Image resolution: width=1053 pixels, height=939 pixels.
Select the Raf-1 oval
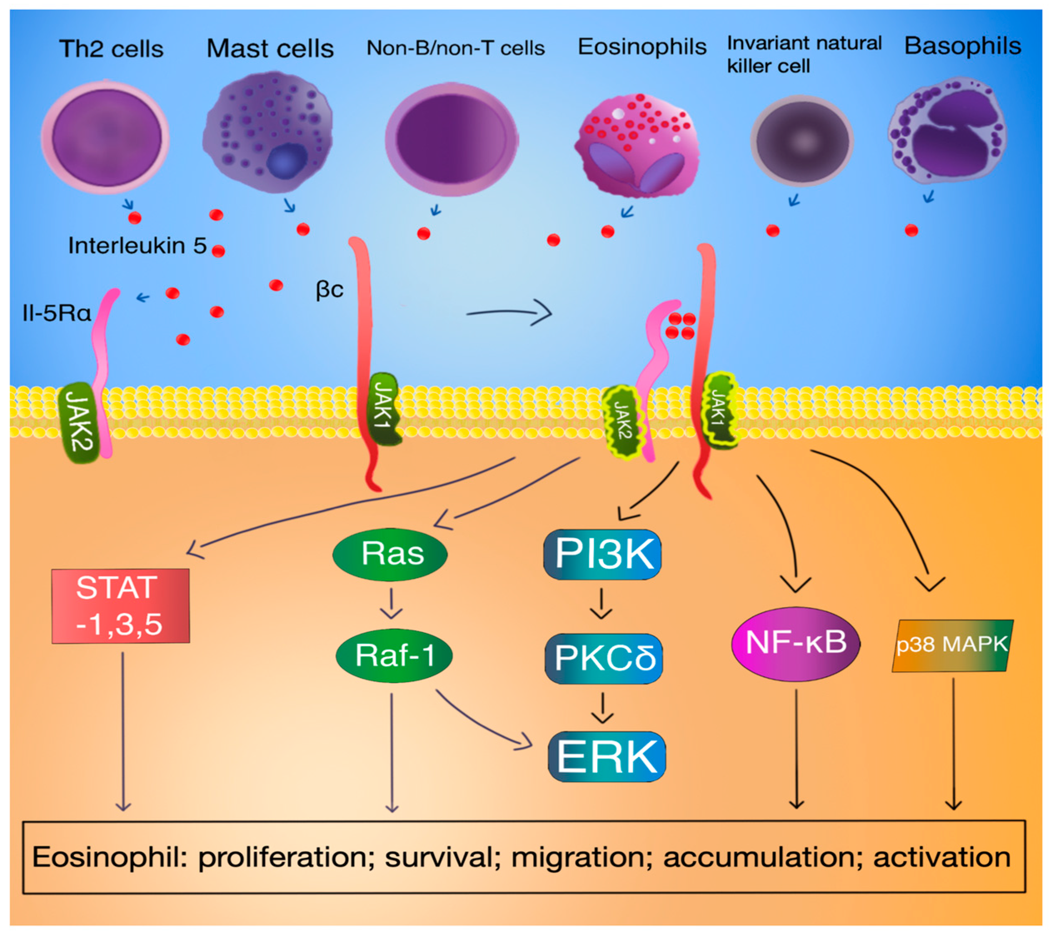tap(394, 655)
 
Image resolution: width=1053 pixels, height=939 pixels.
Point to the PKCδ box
tap(604, 658)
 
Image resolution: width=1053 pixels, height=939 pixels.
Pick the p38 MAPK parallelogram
tap(952, 645)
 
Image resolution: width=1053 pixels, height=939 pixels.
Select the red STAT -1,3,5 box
tap(120, 606)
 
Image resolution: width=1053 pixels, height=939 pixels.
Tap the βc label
tap(329, 289)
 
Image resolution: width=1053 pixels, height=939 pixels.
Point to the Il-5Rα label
tap(57, 313)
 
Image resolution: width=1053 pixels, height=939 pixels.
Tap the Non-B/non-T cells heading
tap(455, 48)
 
